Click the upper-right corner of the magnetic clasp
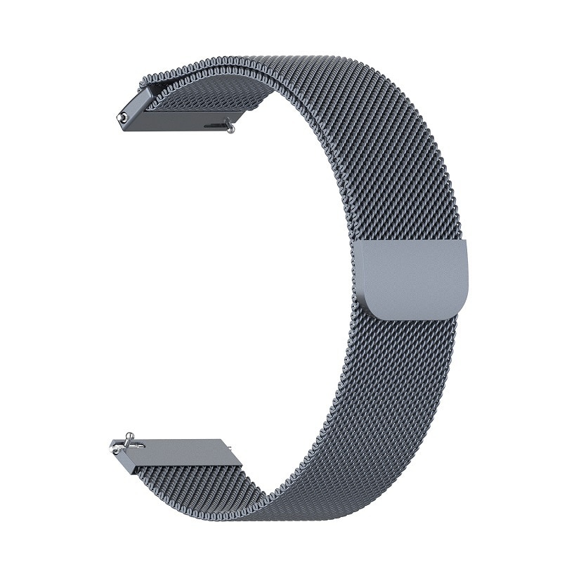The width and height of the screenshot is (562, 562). pyautogui.click(x=464, y=243)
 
